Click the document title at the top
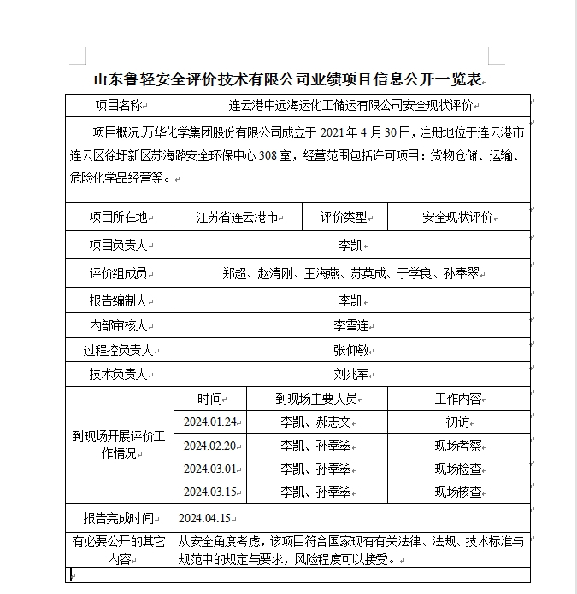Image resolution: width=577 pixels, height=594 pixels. (288, 80)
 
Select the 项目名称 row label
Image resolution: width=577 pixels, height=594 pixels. (119, 106)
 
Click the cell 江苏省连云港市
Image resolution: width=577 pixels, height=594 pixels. (238, 217)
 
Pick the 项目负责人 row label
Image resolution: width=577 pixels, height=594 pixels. (119, 245)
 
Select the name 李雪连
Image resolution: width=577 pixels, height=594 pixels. (351, 326)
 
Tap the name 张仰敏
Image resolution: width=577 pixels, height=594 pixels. (351, 350)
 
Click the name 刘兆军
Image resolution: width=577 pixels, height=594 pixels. (351, 374)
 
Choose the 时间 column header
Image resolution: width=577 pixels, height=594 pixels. (209, 399)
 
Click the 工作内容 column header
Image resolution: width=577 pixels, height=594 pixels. (458, 399)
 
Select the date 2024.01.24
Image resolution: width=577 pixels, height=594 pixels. (209, 422)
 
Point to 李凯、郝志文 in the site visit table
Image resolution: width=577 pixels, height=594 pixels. (316, 422)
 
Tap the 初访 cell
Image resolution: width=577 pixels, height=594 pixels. (458, 422)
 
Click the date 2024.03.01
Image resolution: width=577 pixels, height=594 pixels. (209, 469)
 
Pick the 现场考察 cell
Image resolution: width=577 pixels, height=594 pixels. (458, 445)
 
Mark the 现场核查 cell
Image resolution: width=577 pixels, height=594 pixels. (458, 492)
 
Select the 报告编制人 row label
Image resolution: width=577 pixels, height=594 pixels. (119, 301)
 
